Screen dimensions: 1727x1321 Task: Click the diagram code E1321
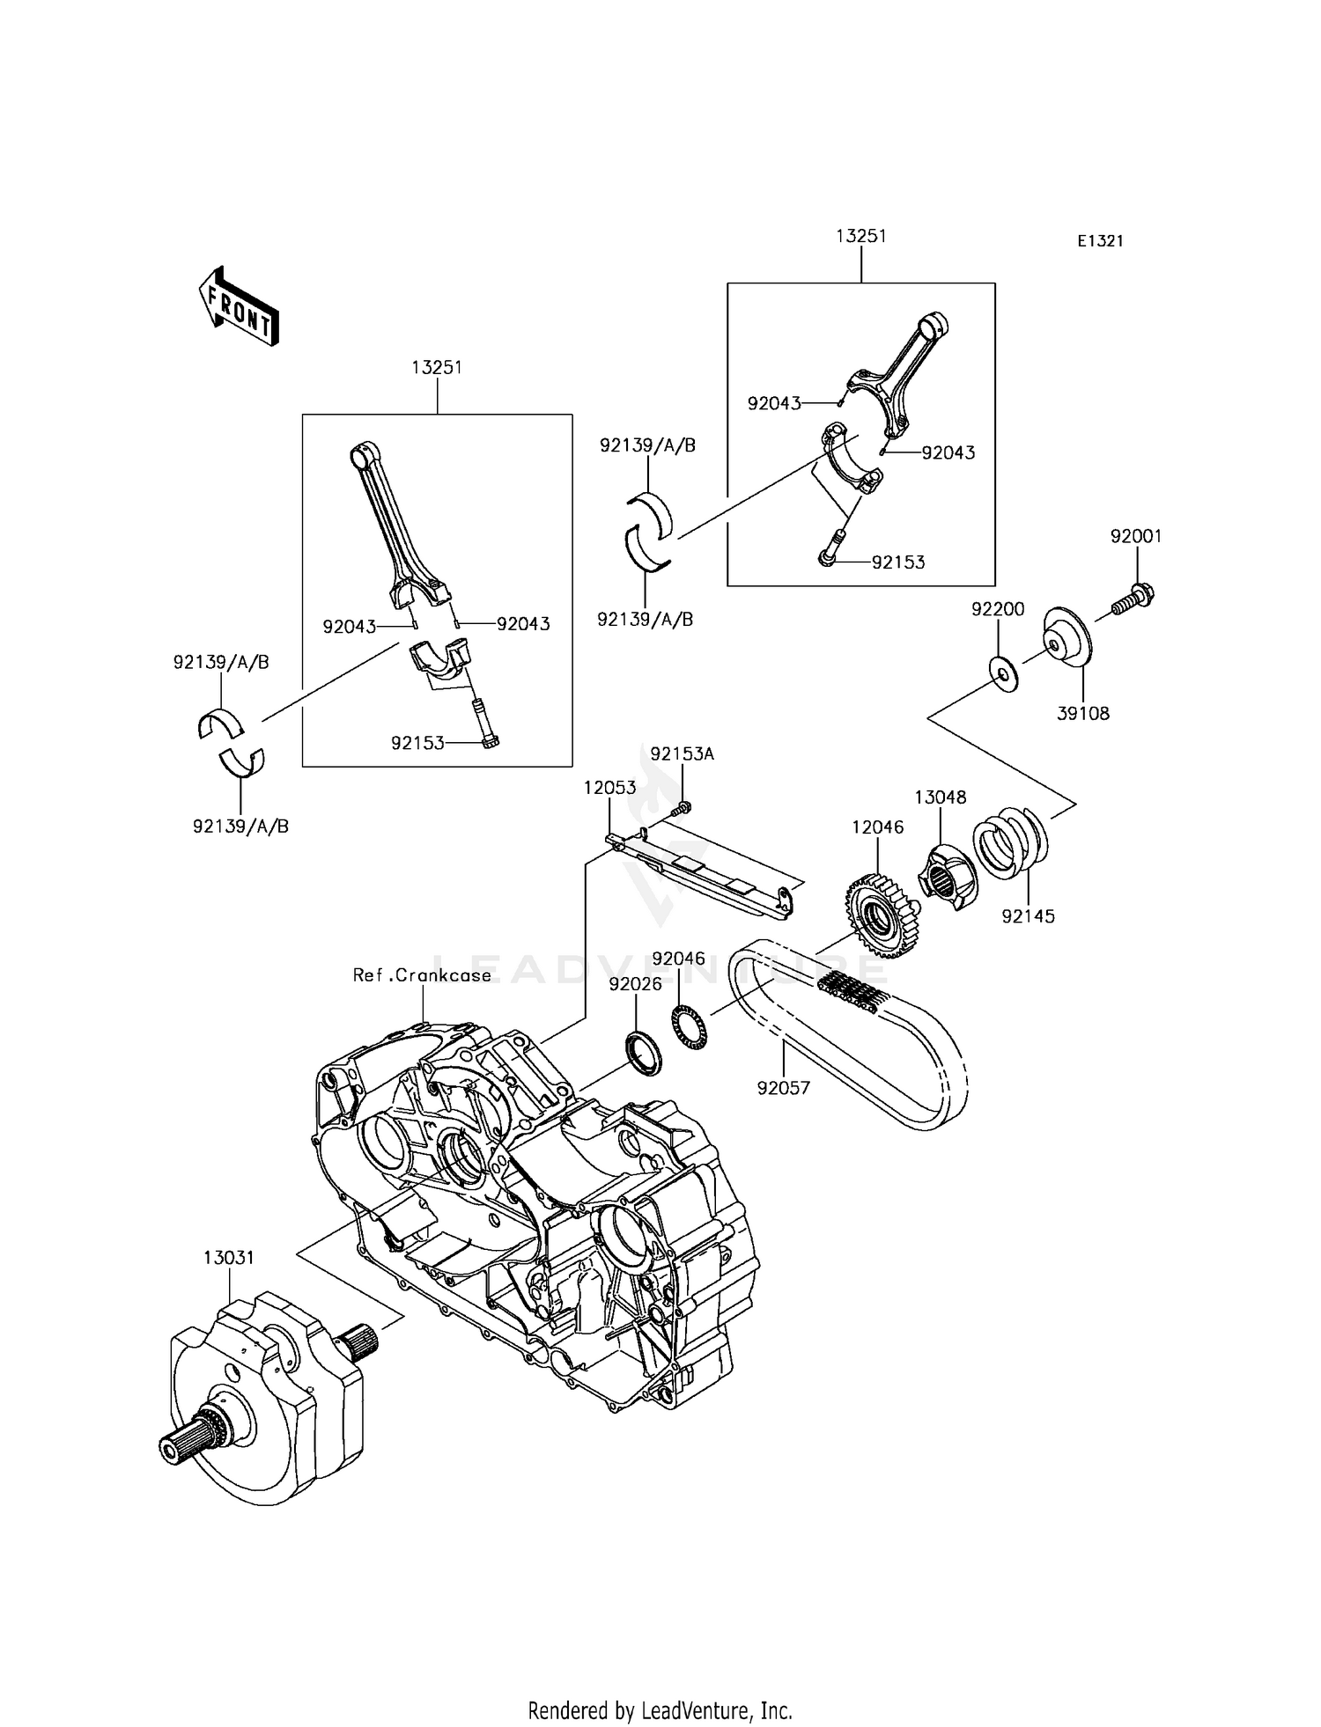point(1100,241)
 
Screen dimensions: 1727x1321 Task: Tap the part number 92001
point(1136,536)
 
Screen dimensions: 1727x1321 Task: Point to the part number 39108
point(1083,713)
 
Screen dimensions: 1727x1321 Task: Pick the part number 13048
point(940,797)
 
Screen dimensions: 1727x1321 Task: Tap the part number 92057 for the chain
point(783,1088)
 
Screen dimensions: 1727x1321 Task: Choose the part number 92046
point(678,959)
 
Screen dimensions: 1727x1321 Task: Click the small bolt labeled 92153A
point(683,807)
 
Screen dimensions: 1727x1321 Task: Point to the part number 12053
point(609,788)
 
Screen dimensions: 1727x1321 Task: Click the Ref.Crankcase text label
point(422,975)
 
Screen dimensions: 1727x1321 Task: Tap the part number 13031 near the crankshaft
point(229,1258)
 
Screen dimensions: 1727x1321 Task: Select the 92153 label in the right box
point(898,562)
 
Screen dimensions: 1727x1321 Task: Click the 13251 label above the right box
point(861,236)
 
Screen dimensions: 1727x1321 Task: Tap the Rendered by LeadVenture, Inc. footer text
point(660,1710)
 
